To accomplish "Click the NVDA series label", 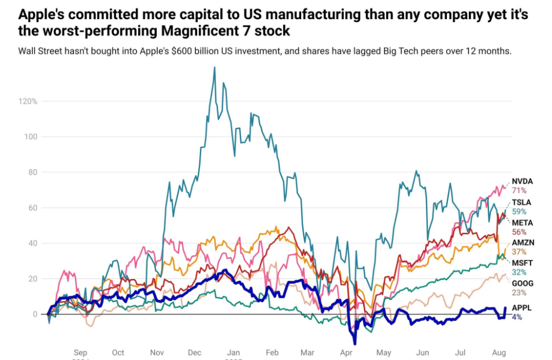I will click(523, 181).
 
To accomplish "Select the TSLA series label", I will click(522, 202).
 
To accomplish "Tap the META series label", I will click(523, 222).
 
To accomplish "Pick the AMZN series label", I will click(523, 243).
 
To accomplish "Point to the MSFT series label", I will click(522, 263).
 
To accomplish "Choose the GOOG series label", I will click(523, 283).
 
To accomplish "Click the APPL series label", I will click(522, 308).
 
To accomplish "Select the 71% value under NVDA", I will click(519, 190).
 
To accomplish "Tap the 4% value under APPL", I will click(517, 317).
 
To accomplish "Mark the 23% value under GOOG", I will click(519, 292).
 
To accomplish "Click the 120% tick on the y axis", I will click(28, 101).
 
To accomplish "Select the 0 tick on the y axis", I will click(35, 314).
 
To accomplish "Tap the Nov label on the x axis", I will click(157, 352).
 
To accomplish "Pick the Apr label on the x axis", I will click(347, 352).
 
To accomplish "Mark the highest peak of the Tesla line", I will click(214, 67).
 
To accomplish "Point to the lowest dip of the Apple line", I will click(354, 343).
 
